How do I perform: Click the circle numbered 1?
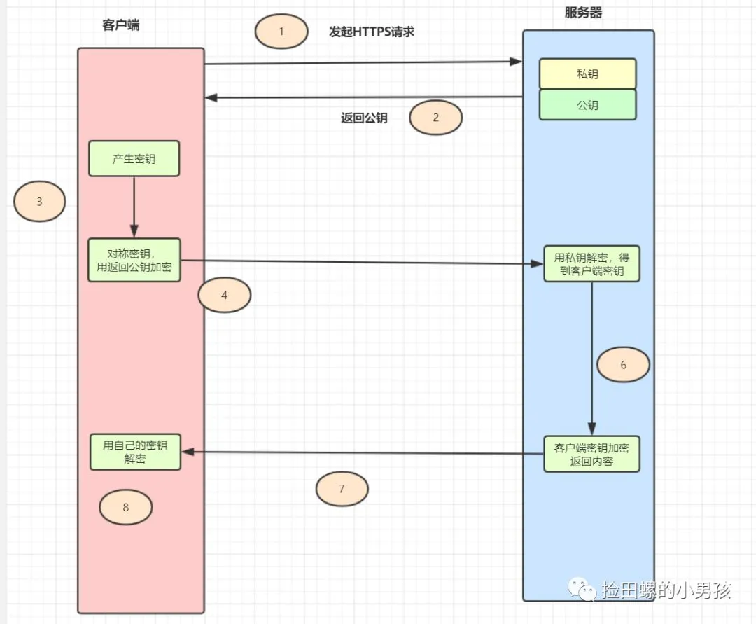[x=281, y=32]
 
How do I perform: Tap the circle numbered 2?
[x=435, y=118]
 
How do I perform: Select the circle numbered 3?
[x=40, y=202]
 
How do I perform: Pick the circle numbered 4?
[x=224, y=296]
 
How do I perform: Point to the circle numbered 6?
[x=623, y=365]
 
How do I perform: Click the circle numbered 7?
[x=342, y=489]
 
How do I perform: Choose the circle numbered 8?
[x=126, y=507]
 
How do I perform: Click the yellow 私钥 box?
[x=587, y=74]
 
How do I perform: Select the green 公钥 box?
[x=587, y=105]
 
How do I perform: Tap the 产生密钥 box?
[x=134, y=159]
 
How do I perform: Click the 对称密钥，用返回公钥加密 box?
[x=134, y=260]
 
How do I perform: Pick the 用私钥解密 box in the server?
[x=592, y=264]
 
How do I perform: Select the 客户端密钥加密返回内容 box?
[x=591, y=455]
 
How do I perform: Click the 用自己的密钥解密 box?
[x=135, y=452]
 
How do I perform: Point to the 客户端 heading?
[x=120, y=26]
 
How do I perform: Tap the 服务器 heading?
[x=583, y=13]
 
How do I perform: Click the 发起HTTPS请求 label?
[x=372, y=32]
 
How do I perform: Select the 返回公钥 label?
[x=364, y=118]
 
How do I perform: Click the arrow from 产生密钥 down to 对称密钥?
[x=134, y=207]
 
